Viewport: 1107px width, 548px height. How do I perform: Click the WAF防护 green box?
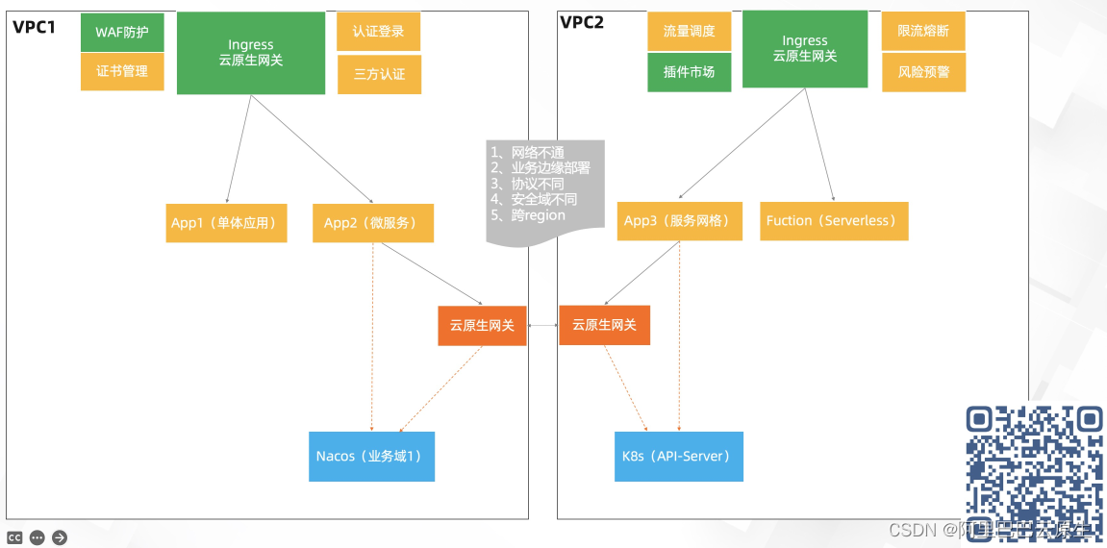pos(122,32)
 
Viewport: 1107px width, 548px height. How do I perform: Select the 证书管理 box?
pos(122,71)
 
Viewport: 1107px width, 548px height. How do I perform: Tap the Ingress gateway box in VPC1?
pos(251,53)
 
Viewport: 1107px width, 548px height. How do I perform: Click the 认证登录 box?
pos(378,31)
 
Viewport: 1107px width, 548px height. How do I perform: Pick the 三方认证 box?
pos(379,74)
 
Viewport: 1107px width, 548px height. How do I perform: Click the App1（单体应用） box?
pos(226,223)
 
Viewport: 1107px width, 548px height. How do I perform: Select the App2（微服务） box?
pos(372,223)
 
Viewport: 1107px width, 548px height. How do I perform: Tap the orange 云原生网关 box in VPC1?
pos(482,326)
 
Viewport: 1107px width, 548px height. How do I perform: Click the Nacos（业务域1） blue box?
pos(370,457)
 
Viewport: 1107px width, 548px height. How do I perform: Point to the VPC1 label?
pos(35,26)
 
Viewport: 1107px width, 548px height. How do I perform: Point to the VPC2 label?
pos(582,22)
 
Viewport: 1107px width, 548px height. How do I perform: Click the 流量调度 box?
pos(689,31)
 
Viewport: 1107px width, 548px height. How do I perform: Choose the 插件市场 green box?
pos(689,72)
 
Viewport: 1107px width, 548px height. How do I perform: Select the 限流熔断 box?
pos(923,31)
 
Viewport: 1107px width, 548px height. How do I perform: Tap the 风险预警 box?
pos(923,72)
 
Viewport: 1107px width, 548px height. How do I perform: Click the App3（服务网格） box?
pos(679,221)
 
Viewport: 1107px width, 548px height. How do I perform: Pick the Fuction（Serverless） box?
pos(834,221)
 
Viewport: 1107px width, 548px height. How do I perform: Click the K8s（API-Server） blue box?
pos(678,457)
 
